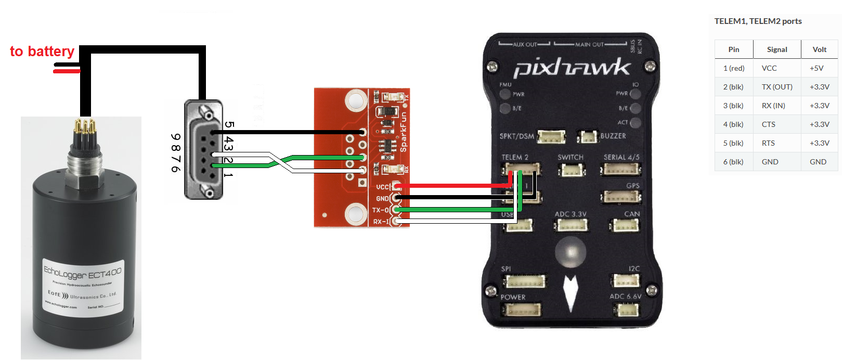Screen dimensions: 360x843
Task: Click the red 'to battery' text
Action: point(42,52)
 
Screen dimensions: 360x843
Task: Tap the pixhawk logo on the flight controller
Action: point(572,68)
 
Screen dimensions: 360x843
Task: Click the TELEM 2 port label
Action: point(514,157)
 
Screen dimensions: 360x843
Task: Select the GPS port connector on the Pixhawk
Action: point(621,197)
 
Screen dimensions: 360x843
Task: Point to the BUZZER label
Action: point(613,136)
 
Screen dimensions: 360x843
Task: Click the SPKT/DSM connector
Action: point(551,137)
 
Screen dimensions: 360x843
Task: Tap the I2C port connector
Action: point(626,281)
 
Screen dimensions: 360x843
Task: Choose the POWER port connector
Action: point(521,310)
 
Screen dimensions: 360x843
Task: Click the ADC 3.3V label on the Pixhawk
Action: point(570,214)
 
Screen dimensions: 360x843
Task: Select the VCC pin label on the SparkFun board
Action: point(382,187)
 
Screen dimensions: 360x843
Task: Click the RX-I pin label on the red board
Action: point(381,222)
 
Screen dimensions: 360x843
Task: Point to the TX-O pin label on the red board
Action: point(380,210)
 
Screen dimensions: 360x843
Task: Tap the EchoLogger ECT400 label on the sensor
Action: point(83,272)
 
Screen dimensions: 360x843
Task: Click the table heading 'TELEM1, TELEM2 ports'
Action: point(758,21)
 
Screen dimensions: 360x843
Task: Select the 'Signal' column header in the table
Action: point(777,49)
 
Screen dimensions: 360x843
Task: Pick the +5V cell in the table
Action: point(816,68)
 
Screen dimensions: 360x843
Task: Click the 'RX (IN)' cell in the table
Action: point(773,106)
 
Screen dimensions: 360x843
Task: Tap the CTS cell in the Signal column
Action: point(768,124)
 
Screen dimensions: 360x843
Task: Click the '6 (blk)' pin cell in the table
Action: point(733,162)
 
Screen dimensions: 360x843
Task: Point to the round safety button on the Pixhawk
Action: point(570,252)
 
